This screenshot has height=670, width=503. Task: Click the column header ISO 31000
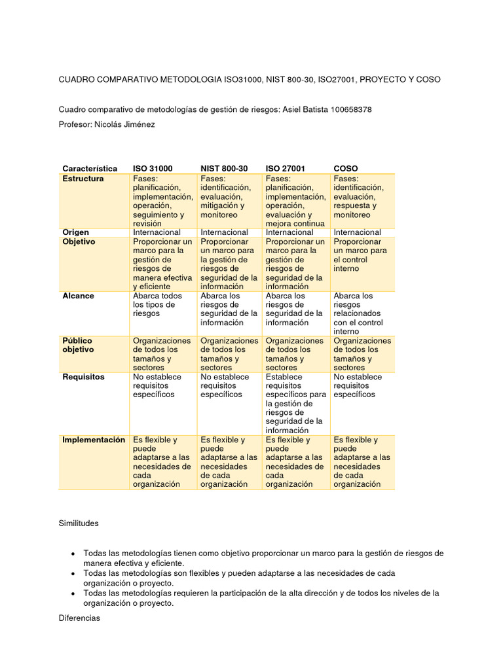coord(153,168)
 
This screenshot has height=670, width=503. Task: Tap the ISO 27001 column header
coord(285,168)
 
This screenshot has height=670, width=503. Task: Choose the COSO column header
coord(346,168)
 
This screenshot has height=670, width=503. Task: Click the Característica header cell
coord(90,168)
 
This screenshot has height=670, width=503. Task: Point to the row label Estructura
coord(83,179)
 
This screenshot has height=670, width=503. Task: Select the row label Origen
coord(75,232)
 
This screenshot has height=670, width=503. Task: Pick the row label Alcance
coord(78,296)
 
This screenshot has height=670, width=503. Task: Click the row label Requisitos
coord(83,377)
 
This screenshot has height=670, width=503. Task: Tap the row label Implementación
coord(94,440)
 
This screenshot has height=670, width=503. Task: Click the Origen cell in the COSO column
coord(357,232)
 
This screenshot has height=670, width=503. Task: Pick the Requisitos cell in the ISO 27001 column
coord(295,404)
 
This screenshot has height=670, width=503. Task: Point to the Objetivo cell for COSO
coord(360,255)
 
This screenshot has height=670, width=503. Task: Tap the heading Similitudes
coord(79,523)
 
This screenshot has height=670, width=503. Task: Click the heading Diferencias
coord(79,618)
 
